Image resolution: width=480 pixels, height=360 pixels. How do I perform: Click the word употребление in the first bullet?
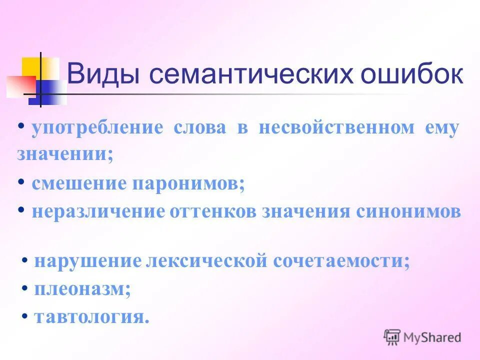[97, 128]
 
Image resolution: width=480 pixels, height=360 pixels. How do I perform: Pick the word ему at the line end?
[441, 128]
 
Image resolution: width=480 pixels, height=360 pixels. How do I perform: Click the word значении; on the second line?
[65, 153]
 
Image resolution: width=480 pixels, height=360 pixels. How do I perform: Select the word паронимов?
[188, 184]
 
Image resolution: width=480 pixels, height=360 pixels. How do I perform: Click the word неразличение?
[98, 211]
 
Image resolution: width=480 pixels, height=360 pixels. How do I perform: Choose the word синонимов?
[408, 211]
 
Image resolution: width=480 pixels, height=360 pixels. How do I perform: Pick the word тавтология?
[92, 317]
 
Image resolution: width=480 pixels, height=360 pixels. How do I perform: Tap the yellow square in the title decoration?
[32, 67]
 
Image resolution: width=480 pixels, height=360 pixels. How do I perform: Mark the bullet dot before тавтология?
[24, 316]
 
